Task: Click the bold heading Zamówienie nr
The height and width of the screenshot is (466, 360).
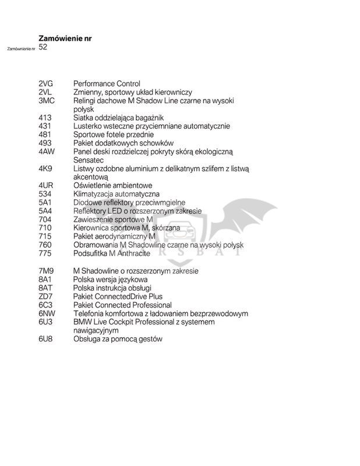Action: [65, 38]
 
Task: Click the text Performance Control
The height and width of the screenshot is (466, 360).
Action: [107, 84]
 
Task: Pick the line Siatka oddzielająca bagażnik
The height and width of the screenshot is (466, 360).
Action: [118, 118]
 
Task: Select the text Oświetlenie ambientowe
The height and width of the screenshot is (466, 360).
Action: [115, 185]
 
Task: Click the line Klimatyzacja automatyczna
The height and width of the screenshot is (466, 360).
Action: [117, 194]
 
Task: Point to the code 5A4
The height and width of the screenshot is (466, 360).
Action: [45, 211]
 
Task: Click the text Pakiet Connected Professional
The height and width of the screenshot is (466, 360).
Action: [122, 305]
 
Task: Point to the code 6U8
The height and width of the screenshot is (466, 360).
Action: [45, 338]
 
